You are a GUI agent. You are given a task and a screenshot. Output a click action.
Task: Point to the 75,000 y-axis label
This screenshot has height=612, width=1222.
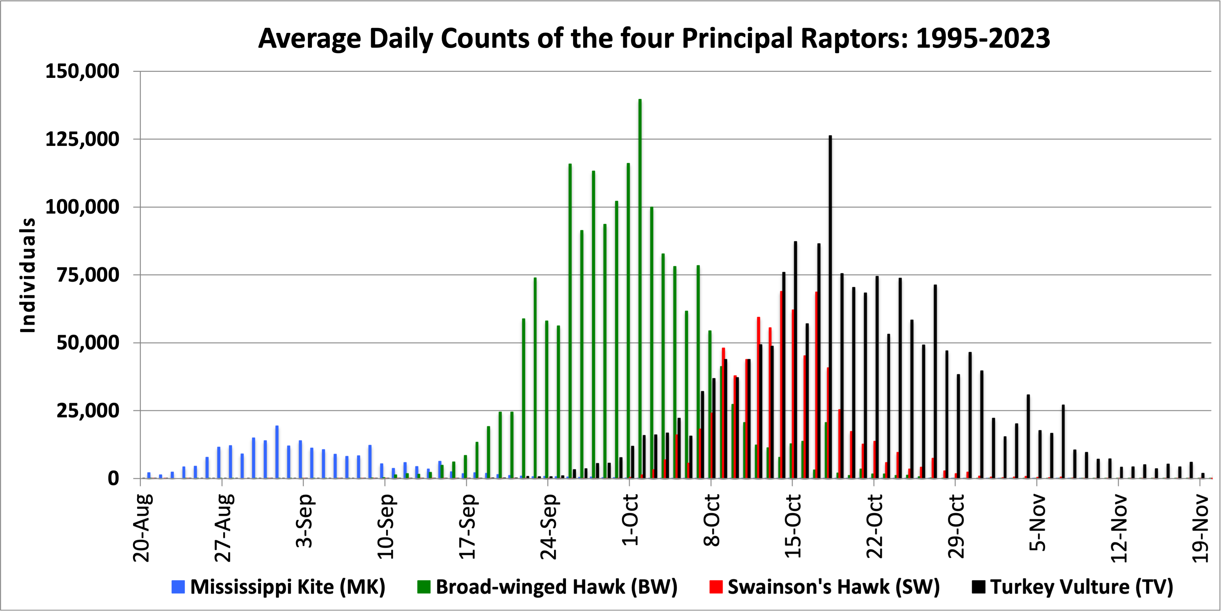pos(88,275)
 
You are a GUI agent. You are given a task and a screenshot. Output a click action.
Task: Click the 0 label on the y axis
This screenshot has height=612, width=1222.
pos(113,479)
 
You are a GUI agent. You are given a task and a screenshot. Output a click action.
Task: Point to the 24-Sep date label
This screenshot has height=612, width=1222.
pos(549,526)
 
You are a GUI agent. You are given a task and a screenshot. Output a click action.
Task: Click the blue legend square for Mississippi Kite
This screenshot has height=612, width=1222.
pos(178,587)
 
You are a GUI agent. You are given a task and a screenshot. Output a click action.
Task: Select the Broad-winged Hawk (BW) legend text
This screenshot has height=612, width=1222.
pos(556,587)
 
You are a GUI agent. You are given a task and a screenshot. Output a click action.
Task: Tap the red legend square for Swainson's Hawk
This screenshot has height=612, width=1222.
pos(716,587)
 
